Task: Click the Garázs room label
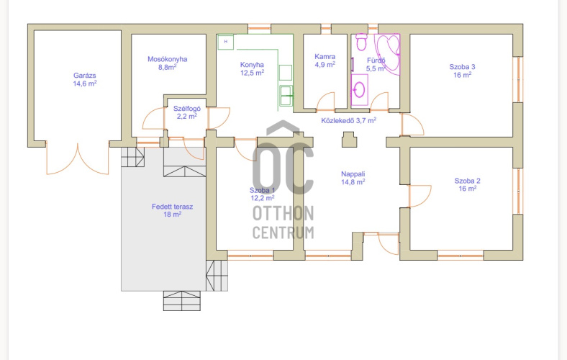click(85, 80)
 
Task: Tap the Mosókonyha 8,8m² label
click(167, 63)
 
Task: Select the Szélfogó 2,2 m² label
click(186, 112)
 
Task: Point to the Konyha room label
click(252, 68)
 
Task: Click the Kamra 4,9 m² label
click(325, 60)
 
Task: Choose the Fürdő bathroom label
click(376, 64)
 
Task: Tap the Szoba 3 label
click(462, 71)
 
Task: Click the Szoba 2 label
click(467, 184)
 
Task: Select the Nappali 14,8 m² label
click(353, 178)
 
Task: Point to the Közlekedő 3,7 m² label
click(348, 120)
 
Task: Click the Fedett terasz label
click(172, 210)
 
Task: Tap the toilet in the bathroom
click(361, 42)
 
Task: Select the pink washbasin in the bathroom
click(360, 90)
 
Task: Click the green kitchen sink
click(286, 96)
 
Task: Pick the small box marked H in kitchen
click(226, 42)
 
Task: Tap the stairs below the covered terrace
click(182, 301)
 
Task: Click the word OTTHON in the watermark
click(283, 213)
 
